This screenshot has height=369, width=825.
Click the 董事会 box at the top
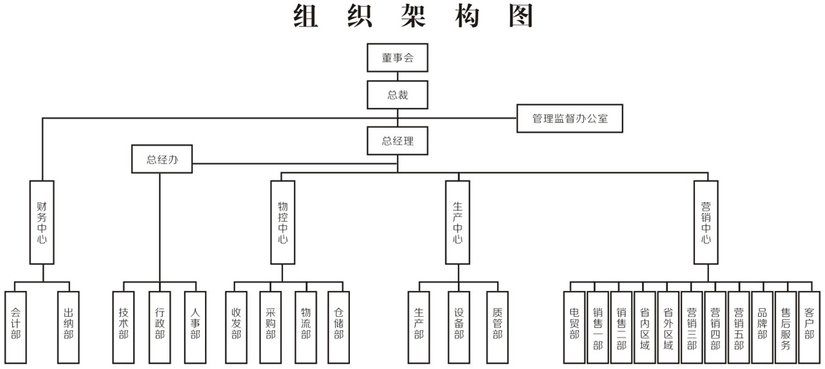coord(397,57)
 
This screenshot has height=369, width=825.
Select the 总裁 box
coord(397,95)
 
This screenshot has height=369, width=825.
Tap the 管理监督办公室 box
coord(570,119)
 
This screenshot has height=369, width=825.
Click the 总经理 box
coord(397,141)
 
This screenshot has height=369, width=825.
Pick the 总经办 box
coord(162,159)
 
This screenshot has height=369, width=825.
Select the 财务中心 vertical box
coord(42,222)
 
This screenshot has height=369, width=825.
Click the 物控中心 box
coord(282,222)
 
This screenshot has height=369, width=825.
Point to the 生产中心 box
coord(457,222)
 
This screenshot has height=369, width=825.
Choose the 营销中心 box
coord(706,222)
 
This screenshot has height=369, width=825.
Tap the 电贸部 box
coord(574,327)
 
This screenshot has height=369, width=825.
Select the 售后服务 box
coord(785,327)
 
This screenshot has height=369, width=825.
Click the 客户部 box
coord(809,327)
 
